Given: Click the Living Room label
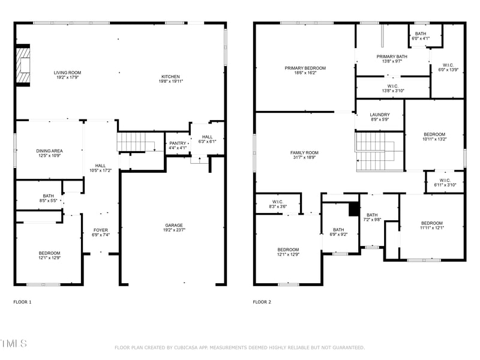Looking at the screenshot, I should pos(67,72).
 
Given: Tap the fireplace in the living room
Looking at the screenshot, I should pos(23,65).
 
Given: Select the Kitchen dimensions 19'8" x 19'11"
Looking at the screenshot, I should pos(170,82).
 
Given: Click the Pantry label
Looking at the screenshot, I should pos(178,143).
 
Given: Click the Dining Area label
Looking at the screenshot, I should pos(50,151).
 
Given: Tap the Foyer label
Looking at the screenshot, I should pos(101,230).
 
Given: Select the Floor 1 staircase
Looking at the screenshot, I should pos(136,142).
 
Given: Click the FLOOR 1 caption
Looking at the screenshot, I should pos(22,302).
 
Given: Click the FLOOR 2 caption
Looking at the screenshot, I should pos(262,302).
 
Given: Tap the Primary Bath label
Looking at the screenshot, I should pos(392,57).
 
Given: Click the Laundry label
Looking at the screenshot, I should pos(379,115).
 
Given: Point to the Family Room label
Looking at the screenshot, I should pos(303,153).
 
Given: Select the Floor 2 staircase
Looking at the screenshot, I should pos(378,151).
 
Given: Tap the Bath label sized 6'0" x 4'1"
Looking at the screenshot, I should pos(420,34).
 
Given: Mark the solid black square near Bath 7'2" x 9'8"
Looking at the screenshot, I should pos(354,210).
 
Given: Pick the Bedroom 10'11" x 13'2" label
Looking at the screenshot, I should pos(434,134).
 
